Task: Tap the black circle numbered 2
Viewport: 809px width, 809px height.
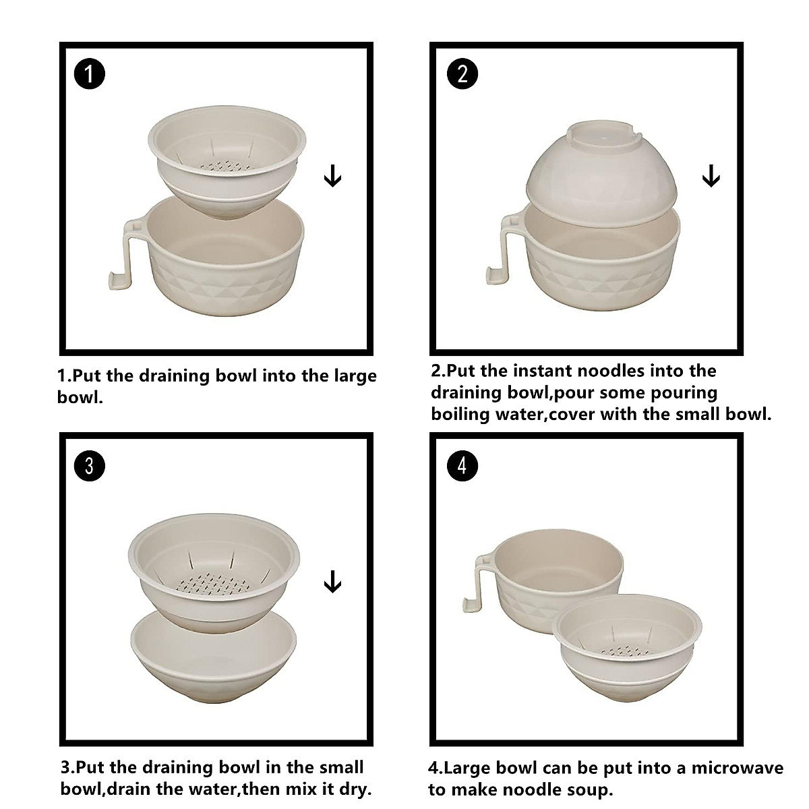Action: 462,73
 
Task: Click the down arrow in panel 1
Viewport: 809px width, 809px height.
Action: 332,177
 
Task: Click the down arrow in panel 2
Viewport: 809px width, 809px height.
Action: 711,177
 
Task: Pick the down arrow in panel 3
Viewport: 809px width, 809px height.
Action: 332,582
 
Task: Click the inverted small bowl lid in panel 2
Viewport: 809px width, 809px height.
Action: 601,168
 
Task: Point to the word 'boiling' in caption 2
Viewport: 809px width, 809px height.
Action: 460,414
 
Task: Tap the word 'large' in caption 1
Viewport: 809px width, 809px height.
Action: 353,376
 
